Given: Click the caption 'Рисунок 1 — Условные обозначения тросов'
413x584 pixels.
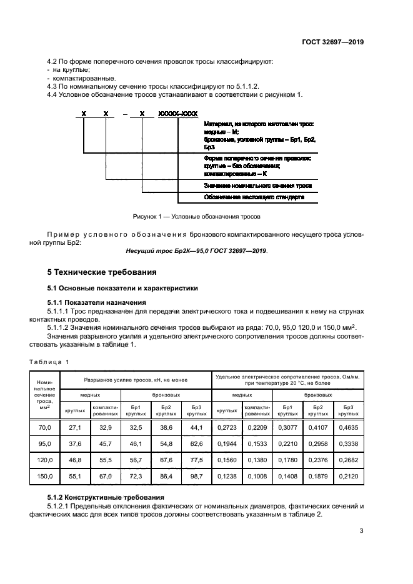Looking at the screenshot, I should [x=196, y=217].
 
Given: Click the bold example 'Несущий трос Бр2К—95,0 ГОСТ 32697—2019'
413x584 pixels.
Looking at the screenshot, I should [x=196, y=250].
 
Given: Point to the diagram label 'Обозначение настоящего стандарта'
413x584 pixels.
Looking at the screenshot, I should [x=254, y=197].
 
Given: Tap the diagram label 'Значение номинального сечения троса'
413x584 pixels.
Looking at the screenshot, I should [x=257, y=186].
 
